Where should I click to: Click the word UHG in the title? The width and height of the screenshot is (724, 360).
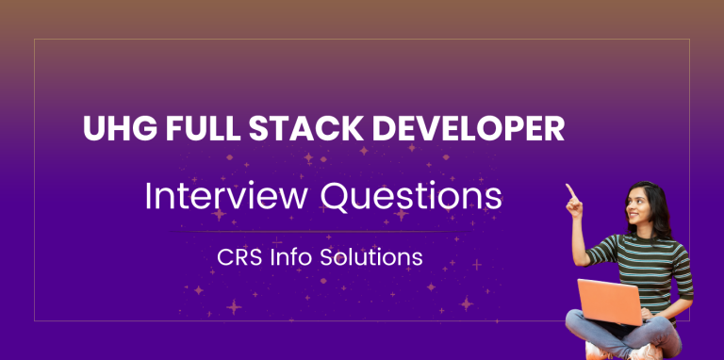pyautogui.click(x=112, y=130)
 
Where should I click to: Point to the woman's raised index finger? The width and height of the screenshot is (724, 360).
pyautogui.click(x=568, y=191)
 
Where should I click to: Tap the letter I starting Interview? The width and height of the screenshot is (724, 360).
pyautogui.click(x=147, y=196)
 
